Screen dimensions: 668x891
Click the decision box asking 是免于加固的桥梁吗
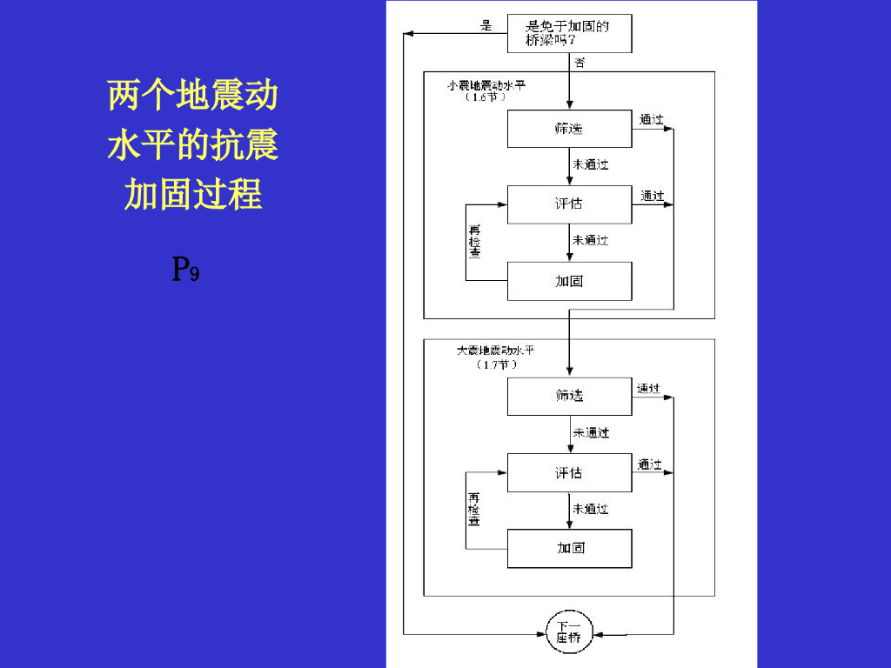pyautogui.click(x=567, y=33)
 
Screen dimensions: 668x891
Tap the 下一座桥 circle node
pyautogui.click(x=569, y=631)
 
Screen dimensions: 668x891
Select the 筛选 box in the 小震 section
pyautogui.click(x=569, y=129)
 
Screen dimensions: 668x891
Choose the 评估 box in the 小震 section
pyautogui.click(x=569, y=204)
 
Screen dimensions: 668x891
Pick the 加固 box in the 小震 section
pyautogui.click(x=569, y=281)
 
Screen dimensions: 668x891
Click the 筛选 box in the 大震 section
pyautogui.click(x=569, y=396)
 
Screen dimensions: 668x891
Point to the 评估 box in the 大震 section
pyautogui.click(x=569, y=472)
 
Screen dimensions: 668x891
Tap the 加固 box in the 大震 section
pyautogui.click(x=569, y=548)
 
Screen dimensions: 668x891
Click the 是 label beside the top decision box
pyautogui.click(x=486, y=25)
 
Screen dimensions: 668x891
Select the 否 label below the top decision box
pyautogui.click(x=579, y=63)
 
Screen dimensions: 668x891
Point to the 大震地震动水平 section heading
pyautogui.click(x=496, y=351)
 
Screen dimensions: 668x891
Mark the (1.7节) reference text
pyautogui.click(x=497, y=364)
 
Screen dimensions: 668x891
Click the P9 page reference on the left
pyautogui.click(x=186, y=270)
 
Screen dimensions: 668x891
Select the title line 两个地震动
pyautogui.click(x=192, y=94)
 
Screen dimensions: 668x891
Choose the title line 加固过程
pyautogui.click(x=192, y=194)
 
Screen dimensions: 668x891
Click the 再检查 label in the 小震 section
pyautogui.click(x=474, y=242)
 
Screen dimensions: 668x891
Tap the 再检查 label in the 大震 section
pyautogui.click(x=474, y=509)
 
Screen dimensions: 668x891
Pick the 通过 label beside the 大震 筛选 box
pyautogui.click(x=648, y=388)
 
